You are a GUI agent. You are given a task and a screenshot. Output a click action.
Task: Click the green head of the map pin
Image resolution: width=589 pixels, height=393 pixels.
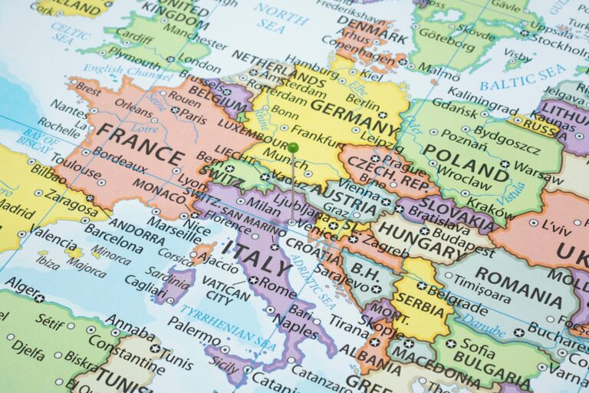click(293, 147)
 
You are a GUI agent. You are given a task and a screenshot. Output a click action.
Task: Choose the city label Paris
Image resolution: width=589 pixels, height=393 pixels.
click(194, 119)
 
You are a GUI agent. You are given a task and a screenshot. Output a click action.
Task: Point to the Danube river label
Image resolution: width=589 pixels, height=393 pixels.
click(484, 326)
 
